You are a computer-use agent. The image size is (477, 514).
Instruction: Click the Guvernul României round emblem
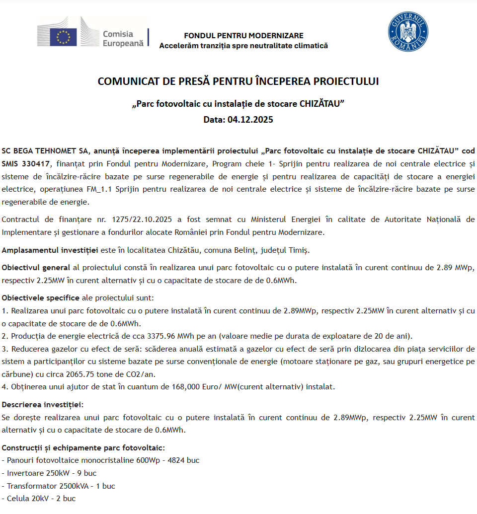pyautogui.click(x=408, y=32)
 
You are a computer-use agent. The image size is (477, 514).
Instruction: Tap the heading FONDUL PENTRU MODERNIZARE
pyautogui.click(x=243, y=36)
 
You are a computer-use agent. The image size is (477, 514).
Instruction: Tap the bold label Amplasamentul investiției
pyautogui.click(x=50, y=250)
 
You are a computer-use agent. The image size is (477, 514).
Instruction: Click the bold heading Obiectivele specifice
pyautogui.click(x=41, y=298)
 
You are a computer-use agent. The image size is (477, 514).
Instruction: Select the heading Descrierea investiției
pyautogui.click(x=43, y=404)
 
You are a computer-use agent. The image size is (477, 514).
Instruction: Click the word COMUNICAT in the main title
pyautogui.click(x=123, y=81)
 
